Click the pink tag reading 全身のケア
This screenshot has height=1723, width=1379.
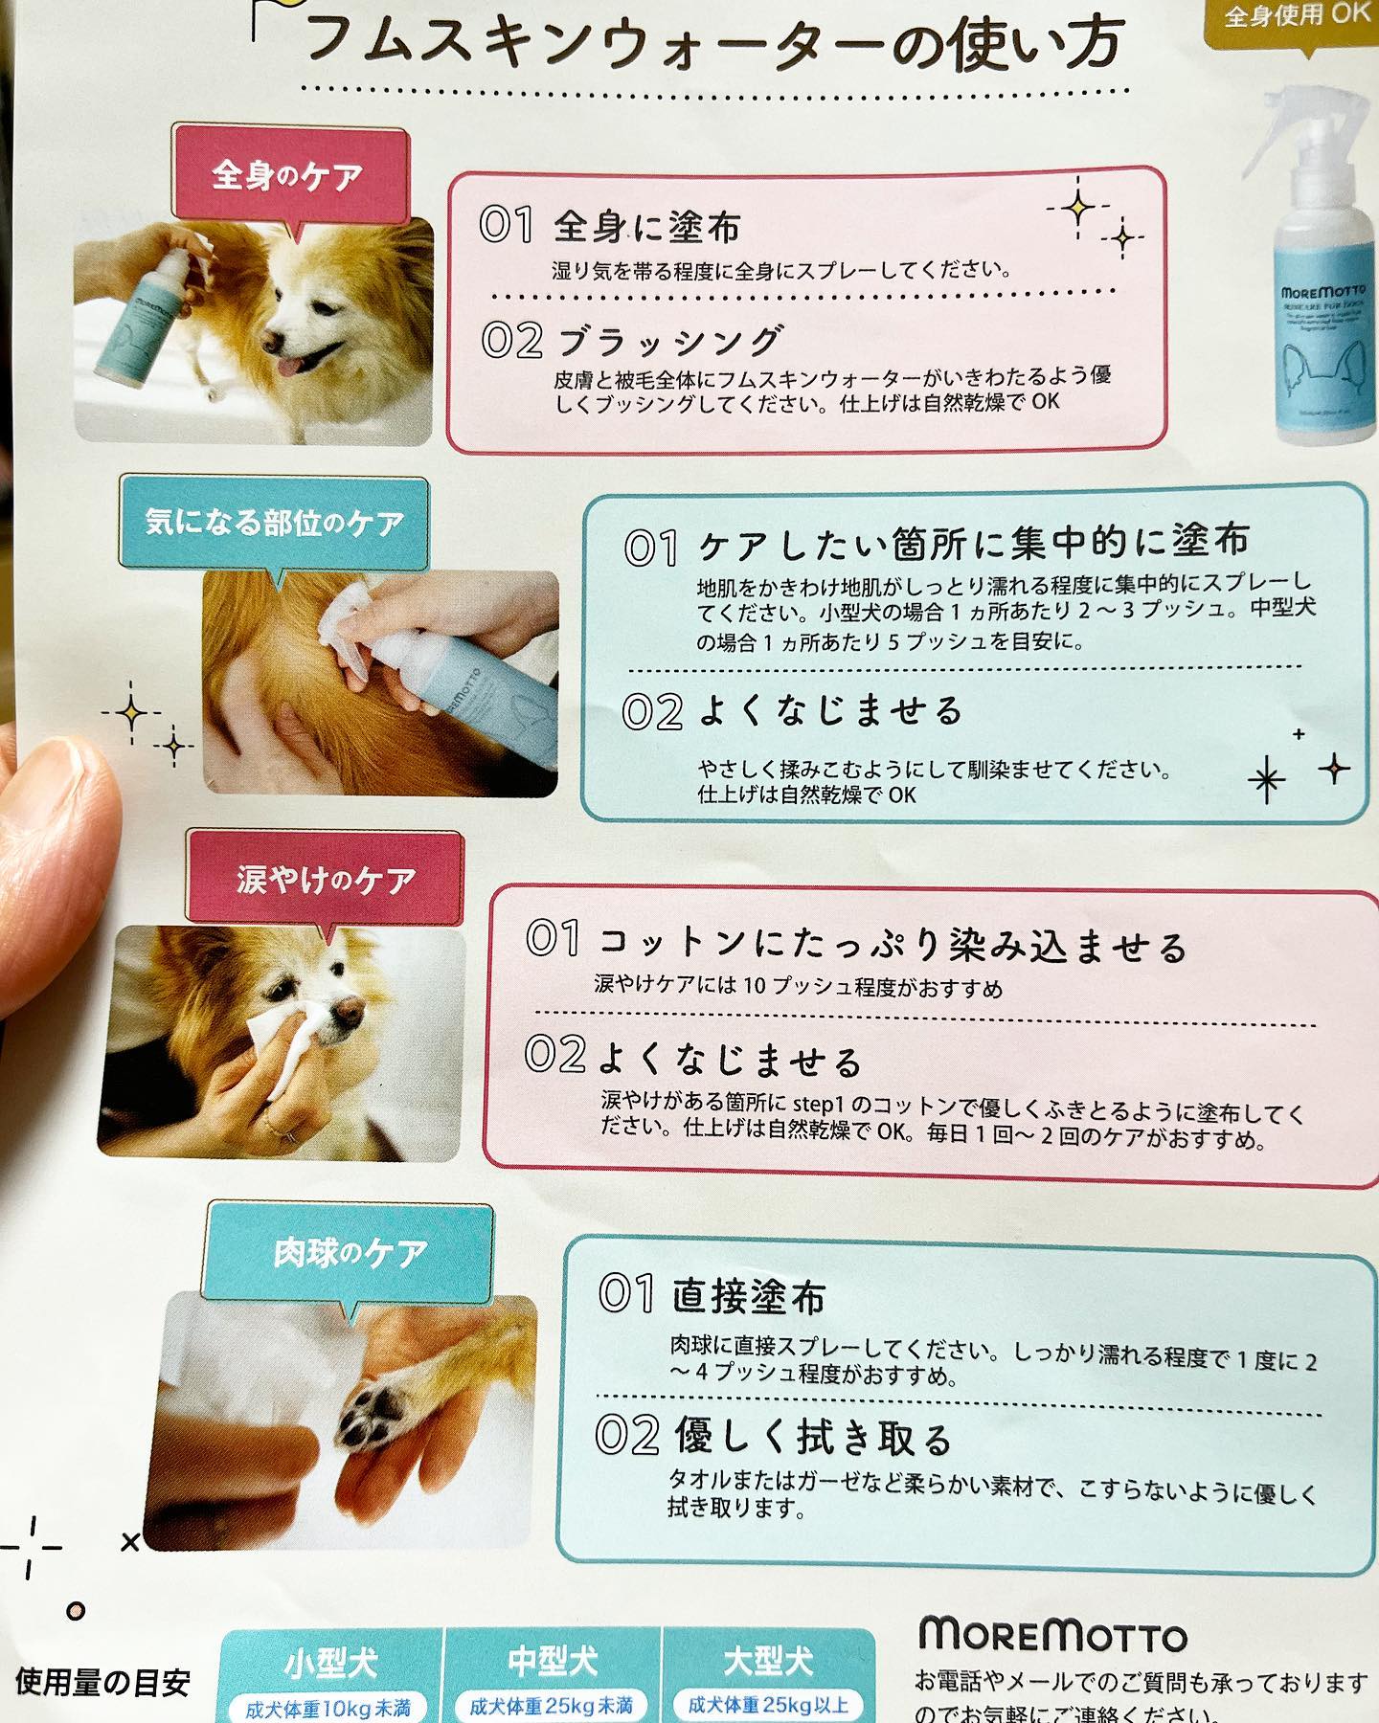tap(287, 175)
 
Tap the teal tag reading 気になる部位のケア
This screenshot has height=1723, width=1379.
tap(274, 523)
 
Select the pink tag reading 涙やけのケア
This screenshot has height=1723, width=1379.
tap(327, 879)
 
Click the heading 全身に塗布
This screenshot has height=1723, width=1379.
tap(646, 227)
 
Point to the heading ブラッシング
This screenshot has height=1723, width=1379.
tap(670, 341)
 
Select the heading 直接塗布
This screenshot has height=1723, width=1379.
tap(748, 1296)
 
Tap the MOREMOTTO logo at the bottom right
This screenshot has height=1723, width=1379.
tap(1052, 1635)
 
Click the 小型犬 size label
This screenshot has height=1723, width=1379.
tap(331, 1663)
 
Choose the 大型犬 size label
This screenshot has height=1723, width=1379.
tap(768, 1661)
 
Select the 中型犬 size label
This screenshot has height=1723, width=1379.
tap(553, 1661)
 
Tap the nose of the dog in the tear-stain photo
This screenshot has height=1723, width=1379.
tap(346, 1009)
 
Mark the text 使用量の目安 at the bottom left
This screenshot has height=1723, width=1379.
tap(102, 1683)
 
